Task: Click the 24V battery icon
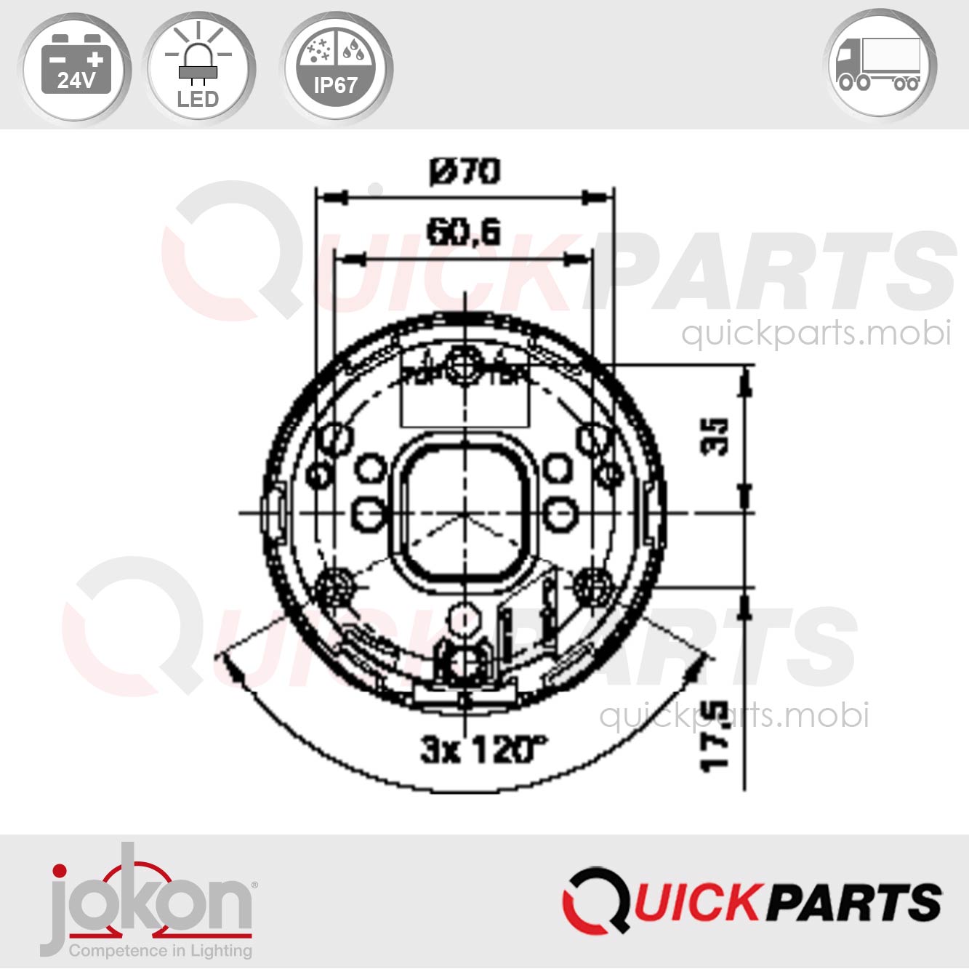pyautogui.click(x=75, y=68)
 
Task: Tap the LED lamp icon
pyautogui.click(x=198, y=68)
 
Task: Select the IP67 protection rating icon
pyautogui.click(x=335, y=68)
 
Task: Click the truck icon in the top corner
pyautogui.click(x=881, y=65)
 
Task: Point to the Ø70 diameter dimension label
pyautogui.click(x=465, y=172)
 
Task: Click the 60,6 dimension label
pyautogui.click(x=464, y=233)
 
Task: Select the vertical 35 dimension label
pyautogui.click(x=715, y=436)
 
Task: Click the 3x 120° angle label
pyautogui.click(x=484, y=749)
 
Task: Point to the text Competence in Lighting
pyautogui.click(x=161, y=950)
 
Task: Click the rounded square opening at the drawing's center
pyautogui.click(x=464, y=512)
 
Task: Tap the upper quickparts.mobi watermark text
pyautogui.click(x=816, y=333)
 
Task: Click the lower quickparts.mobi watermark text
pyautogui.click(x=734, y=715)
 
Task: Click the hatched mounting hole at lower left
pyautogui.click(x=336, y=586)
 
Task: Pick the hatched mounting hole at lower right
pyautogui.click(x=592, y=586)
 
